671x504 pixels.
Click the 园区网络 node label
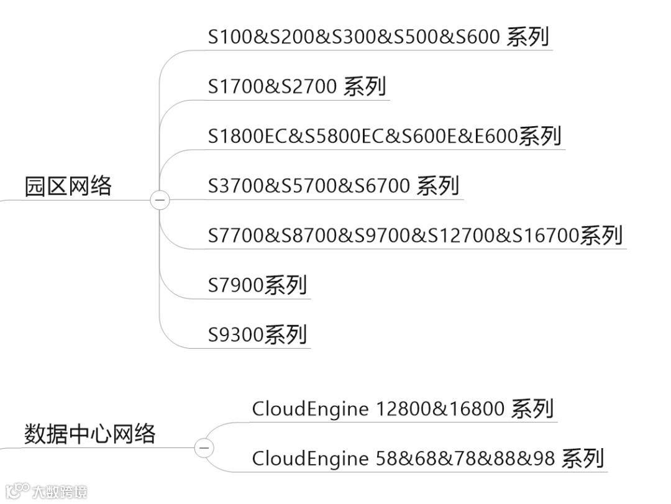click(x=68, y=186)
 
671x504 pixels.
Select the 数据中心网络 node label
click(x=89, y=433)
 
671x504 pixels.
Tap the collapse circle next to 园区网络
click(x=160, y=200)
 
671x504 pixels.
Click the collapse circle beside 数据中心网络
click(x=204, y=447)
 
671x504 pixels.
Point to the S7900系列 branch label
click(x=257, y=285)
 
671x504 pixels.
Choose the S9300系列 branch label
click(x=257, y=335)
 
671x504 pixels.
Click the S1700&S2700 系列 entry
click(x=297, y=86)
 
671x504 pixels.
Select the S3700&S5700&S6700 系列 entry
click(x=334, y=186)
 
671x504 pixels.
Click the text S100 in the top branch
click(x=231, y=37)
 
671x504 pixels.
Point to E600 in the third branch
click(x=497, y=136)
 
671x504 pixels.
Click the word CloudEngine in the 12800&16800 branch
click(x=310, y=409)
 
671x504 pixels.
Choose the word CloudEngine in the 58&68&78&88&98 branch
click(x=310, y=459)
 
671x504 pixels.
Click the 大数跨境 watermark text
click(x=59, y=492)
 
